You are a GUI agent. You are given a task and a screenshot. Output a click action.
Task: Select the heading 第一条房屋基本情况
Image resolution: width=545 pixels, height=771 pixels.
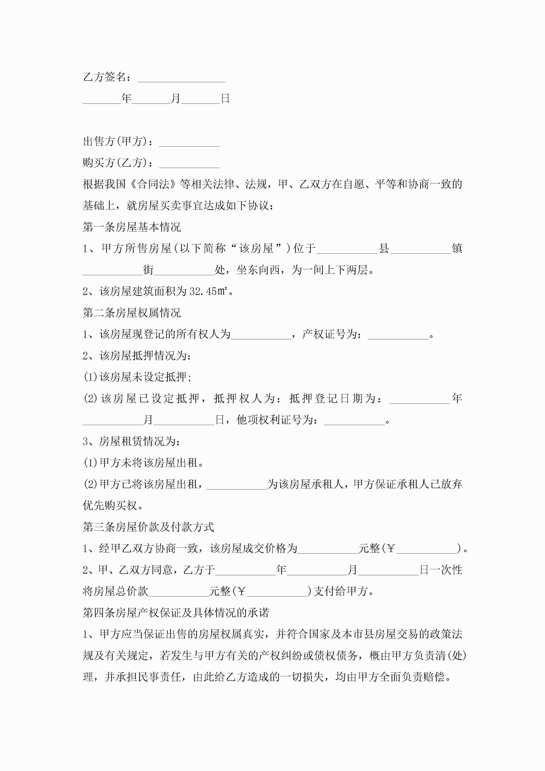tap(132, 227)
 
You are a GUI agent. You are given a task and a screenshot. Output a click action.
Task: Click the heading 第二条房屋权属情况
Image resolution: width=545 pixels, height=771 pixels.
tap(132, 313)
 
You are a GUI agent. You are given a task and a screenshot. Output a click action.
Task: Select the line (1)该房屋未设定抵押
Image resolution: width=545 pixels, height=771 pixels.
tap(137, 377)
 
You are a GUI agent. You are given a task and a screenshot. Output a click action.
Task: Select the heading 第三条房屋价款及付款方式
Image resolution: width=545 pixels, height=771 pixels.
tap(148, 527)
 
